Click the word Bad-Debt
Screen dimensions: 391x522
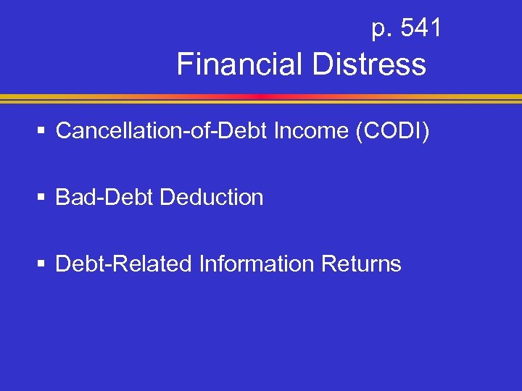104,197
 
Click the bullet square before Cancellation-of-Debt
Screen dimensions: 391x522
42,131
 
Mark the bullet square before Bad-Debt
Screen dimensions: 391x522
42,198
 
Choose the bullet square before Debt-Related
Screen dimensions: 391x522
42,264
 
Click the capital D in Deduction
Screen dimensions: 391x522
167,197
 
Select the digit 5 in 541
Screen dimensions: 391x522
405,28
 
